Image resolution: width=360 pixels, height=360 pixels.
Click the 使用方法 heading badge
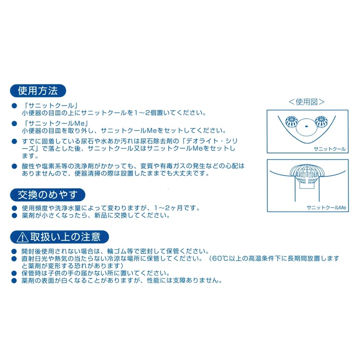click(x=38, y=91)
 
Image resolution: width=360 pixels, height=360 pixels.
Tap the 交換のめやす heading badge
click(x=48, y=195)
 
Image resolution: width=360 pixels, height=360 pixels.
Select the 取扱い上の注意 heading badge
click(x=59, y=237)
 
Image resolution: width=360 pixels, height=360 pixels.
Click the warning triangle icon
click(x=22, y=237)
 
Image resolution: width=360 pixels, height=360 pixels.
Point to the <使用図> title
click(x=306, y=102)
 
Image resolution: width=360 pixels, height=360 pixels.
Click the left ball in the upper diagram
click(x=292, y=121)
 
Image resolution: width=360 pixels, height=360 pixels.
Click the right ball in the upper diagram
click(x=321, y=121)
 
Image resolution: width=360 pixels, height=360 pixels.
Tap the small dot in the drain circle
click(x=306, y=126)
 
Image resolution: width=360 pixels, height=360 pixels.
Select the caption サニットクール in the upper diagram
click(x=329, y=149)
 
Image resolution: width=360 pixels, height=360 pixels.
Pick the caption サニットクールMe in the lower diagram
click(x=326, y=207)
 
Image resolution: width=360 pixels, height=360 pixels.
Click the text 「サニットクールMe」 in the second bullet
click(x=56, y=123)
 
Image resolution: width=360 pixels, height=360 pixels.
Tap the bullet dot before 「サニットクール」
click(x=14, y=106)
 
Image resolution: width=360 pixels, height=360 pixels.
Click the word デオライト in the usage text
click(x=202, y=141)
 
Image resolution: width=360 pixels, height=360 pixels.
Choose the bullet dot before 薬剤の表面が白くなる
click(x=14, y=280)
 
